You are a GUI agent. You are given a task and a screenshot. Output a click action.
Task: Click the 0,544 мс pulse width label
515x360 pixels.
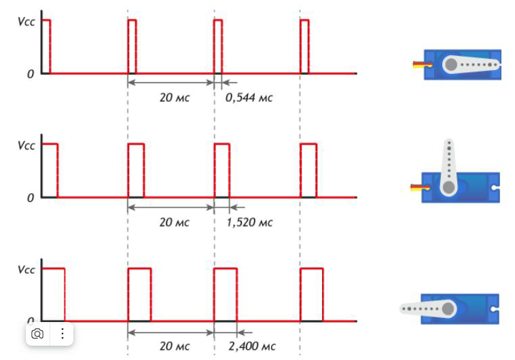pos(249,98)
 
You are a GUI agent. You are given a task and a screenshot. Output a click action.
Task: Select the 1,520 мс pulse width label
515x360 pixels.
pos(249,222)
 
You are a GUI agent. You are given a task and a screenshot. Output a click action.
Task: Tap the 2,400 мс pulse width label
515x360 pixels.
pos(252,346)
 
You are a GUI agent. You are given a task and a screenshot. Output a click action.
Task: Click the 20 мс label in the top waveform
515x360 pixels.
pos(175,98)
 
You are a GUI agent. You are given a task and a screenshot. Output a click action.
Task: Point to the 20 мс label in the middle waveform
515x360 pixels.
pos(175,222)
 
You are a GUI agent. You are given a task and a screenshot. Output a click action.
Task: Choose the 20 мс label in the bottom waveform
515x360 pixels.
pos(175,346)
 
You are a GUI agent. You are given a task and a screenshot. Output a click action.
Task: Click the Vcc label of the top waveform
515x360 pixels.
pos(26,22)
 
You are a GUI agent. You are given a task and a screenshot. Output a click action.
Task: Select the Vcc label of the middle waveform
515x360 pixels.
pos(26,146)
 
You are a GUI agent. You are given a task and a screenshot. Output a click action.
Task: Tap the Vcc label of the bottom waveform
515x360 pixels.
pos(26,270)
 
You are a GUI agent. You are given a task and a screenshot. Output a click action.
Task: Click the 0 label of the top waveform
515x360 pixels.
pos(30,74)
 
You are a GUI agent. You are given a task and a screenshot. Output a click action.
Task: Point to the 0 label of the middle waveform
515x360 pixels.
pos(30,198)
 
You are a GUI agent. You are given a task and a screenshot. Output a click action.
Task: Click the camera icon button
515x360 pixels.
pos(37,334)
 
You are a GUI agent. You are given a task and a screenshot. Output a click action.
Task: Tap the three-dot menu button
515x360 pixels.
pos(62,334)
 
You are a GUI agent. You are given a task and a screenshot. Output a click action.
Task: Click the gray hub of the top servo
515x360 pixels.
pos(451,65)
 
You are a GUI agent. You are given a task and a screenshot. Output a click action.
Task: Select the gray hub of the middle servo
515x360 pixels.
pos(448,187)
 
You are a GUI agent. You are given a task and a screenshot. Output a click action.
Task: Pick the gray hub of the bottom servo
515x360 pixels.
pos(448,309)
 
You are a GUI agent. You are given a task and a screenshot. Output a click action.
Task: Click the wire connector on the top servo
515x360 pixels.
pos(423,65)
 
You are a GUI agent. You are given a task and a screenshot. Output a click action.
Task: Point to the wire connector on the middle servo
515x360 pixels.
pos(420,187)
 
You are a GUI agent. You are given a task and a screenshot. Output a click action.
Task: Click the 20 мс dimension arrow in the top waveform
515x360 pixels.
pos(171,82)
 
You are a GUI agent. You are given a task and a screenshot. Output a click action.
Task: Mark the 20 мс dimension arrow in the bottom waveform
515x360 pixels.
pos(171,333)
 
